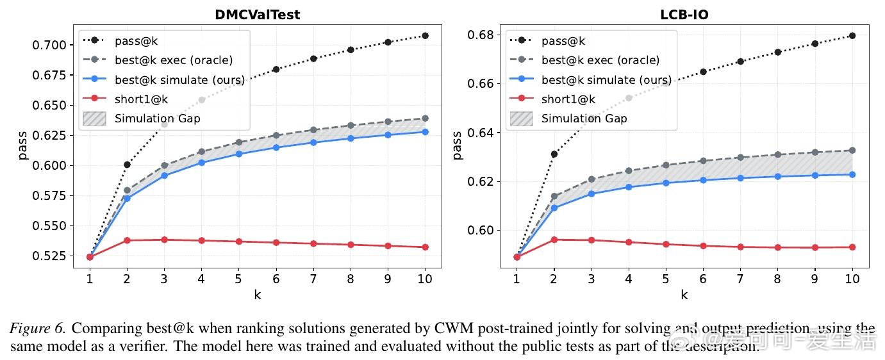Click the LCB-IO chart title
coord(684,14)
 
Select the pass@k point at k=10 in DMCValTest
coord(425,36)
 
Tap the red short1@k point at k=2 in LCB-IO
coord(554,240)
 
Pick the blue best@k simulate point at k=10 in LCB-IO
coord(852,174)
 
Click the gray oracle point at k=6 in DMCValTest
coord(276,135)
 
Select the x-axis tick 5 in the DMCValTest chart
coord(238,279)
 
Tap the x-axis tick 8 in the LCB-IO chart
coord(777,279)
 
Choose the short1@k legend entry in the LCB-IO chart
coord(568,99)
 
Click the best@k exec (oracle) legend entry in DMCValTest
coord(173,60)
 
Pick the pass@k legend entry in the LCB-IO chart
coord(563,41)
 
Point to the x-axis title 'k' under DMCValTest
coord(257,295)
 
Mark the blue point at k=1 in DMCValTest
coord(90,257)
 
